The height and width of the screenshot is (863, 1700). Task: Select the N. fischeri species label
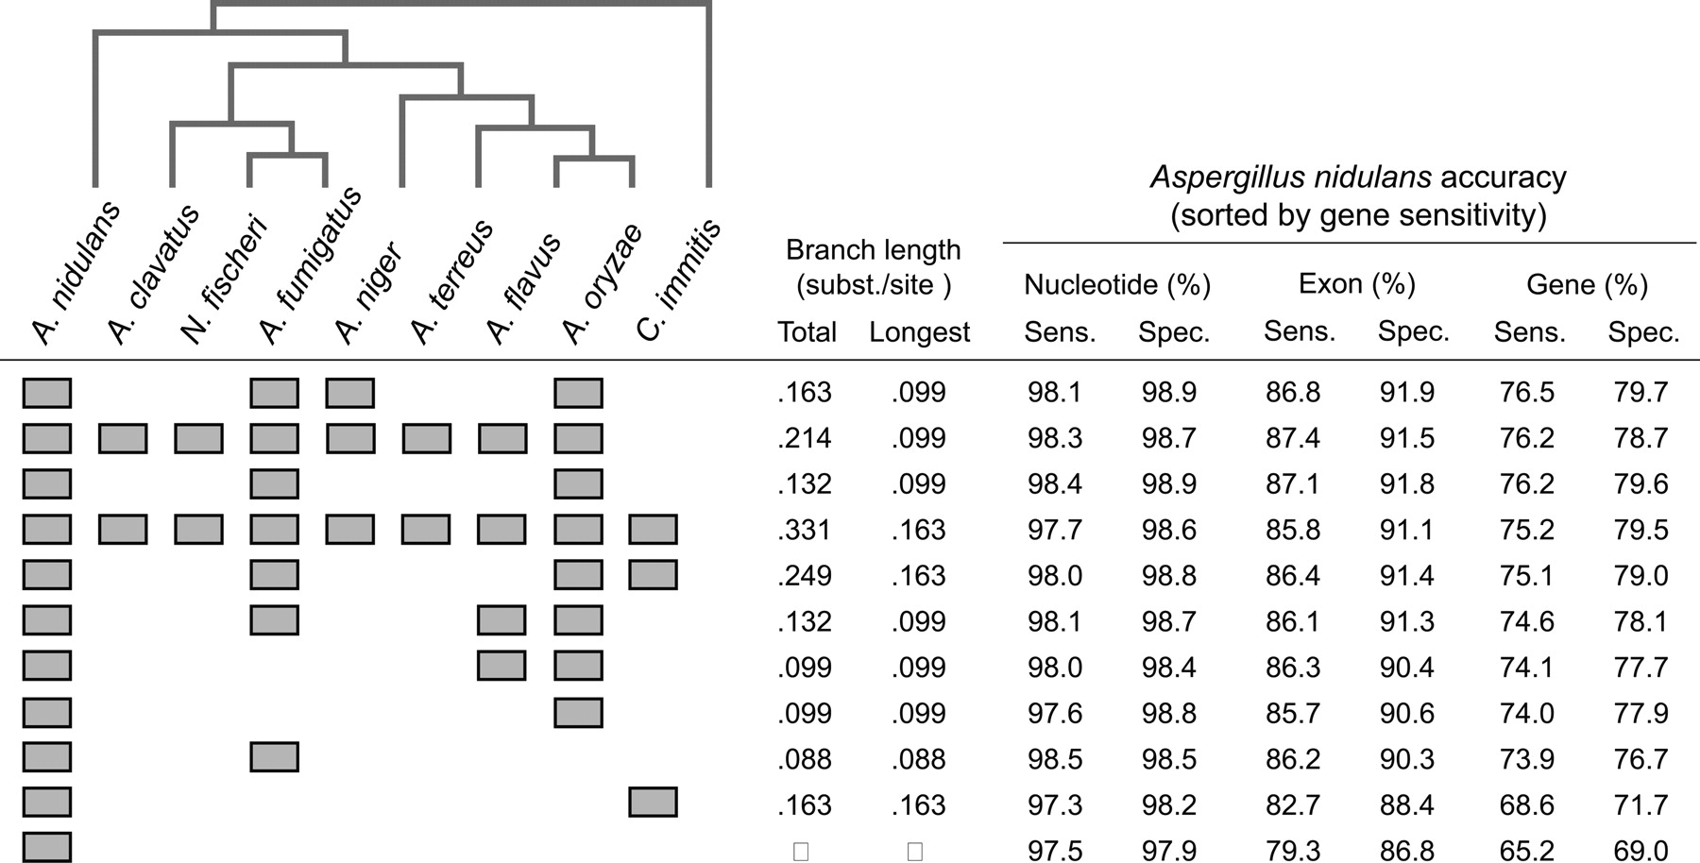(224, 279)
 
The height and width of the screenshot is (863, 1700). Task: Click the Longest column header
(919, 332)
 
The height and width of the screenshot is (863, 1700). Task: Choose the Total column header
(807, 332)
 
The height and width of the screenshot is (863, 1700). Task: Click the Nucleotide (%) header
(1116, 284)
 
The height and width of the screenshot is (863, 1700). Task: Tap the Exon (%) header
(1356, 284)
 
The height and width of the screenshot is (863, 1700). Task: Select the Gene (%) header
(1587, 284)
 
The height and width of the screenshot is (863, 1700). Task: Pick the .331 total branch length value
(805, 530)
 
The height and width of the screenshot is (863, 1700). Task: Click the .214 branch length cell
(805, 438)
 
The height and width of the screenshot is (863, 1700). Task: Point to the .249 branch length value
(805, 576)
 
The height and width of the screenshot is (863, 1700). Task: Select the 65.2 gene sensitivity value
(1526, 851)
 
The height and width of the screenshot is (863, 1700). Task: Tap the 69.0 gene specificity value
(1640, 851)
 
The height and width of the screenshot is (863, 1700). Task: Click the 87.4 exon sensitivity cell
(1293, 438)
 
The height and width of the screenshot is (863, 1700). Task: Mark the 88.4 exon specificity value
(1407, 805)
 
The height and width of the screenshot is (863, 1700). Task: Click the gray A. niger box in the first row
(349, 393)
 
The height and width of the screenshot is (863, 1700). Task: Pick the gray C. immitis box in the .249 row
(653, 575)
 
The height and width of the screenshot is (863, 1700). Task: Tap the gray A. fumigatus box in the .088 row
(274, 757)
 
